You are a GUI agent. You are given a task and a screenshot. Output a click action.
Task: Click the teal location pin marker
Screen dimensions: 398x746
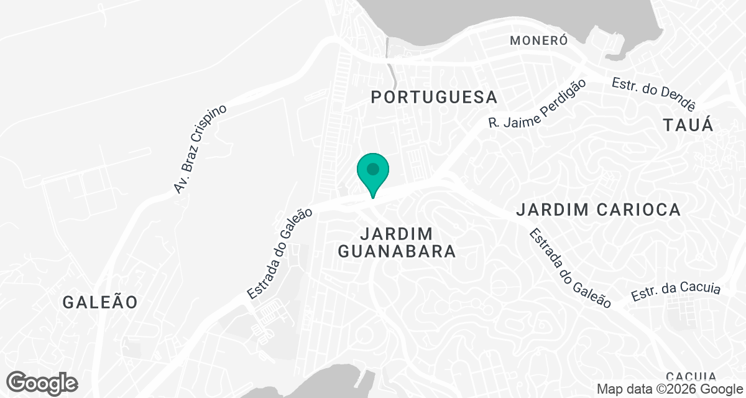tap(372, 174)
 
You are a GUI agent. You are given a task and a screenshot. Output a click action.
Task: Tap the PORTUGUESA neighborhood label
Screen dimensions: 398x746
tap(435, 97)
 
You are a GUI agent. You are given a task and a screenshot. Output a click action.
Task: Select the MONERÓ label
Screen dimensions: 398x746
tap(539, 41)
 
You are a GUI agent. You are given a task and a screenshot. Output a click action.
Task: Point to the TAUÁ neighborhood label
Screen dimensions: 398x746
tap(688, 125)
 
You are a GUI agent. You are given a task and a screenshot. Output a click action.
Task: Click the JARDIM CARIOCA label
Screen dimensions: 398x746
tap(598, 210)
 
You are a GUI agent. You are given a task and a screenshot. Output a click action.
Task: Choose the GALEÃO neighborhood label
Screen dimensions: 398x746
tap(100, 302)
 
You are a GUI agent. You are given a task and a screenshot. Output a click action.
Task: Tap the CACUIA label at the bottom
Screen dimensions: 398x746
tap(691, 376)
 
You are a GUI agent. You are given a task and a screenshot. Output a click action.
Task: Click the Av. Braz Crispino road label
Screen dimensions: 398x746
tap(201, 149)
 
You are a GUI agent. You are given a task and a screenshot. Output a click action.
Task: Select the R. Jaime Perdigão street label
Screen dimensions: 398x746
tap(538, 104)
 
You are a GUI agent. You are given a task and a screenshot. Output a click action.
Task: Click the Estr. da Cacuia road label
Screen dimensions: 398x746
tap(676, 292)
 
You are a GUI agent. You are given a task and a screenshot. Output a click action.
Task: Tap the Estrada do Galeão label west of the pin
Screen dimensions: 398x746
tap(279, 254)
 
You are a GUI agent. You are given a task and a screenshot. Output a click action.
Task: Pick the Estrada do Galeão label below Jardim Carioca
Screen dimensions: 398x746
tap(571, 268)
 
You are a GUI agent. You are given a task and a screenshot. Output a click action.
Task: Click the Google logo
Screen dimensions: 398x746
tap(42, 382)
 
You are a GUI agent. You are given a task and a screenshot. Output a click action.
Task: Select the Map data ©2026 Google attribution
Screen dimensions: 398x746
tap(669, 389)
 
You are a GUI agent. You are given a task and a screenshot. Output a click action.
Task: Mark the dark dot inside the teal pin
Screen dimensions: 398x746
tap(372, 169)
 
